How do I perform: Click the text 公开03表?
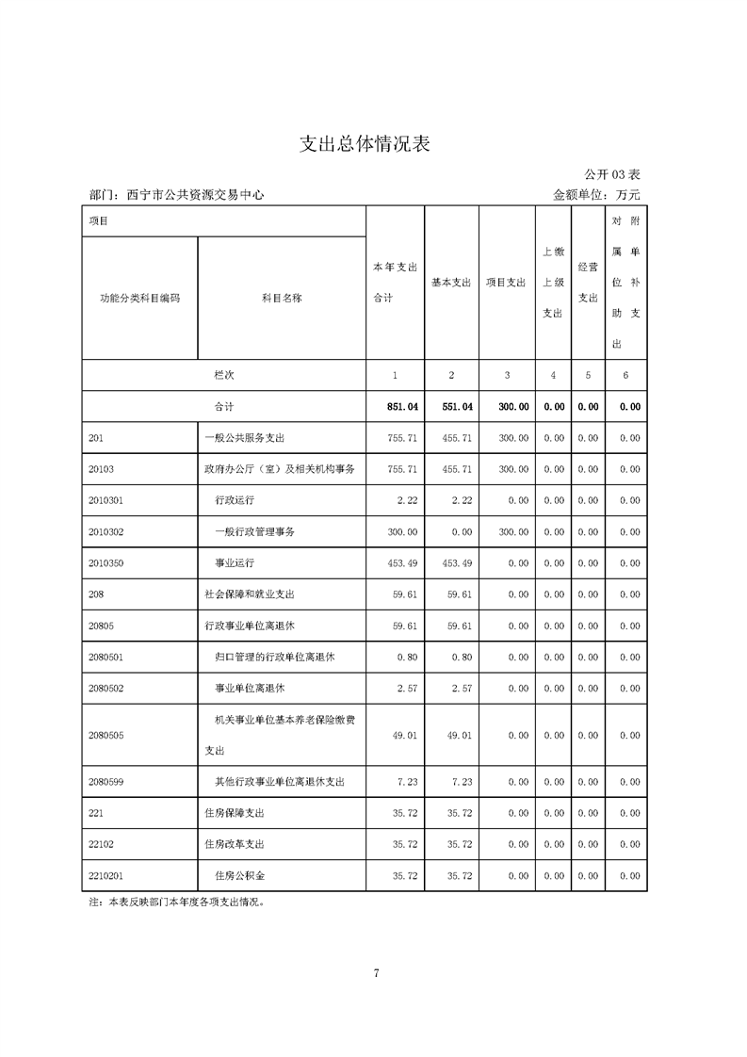click(611, 175)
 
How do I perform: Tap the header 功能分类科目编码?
click(139, 298)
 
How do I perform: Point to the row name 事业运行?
click(235, 563)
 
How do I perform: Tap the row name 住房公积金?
click(240, 876)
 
